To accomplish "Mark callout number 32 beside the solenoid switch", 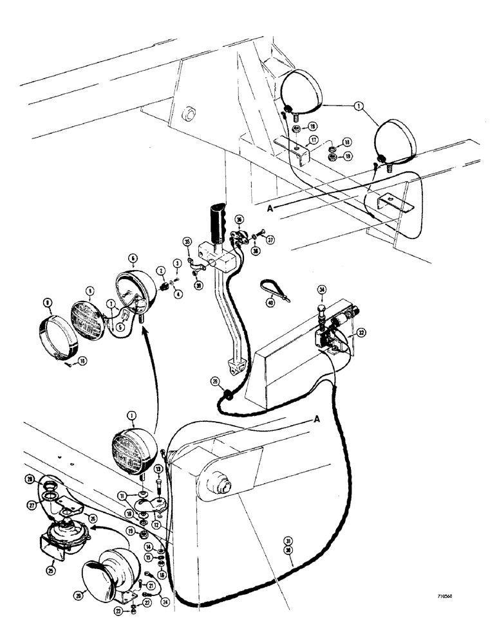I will [362, 333].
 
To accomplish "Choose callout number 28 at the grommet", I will [30, 479].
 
